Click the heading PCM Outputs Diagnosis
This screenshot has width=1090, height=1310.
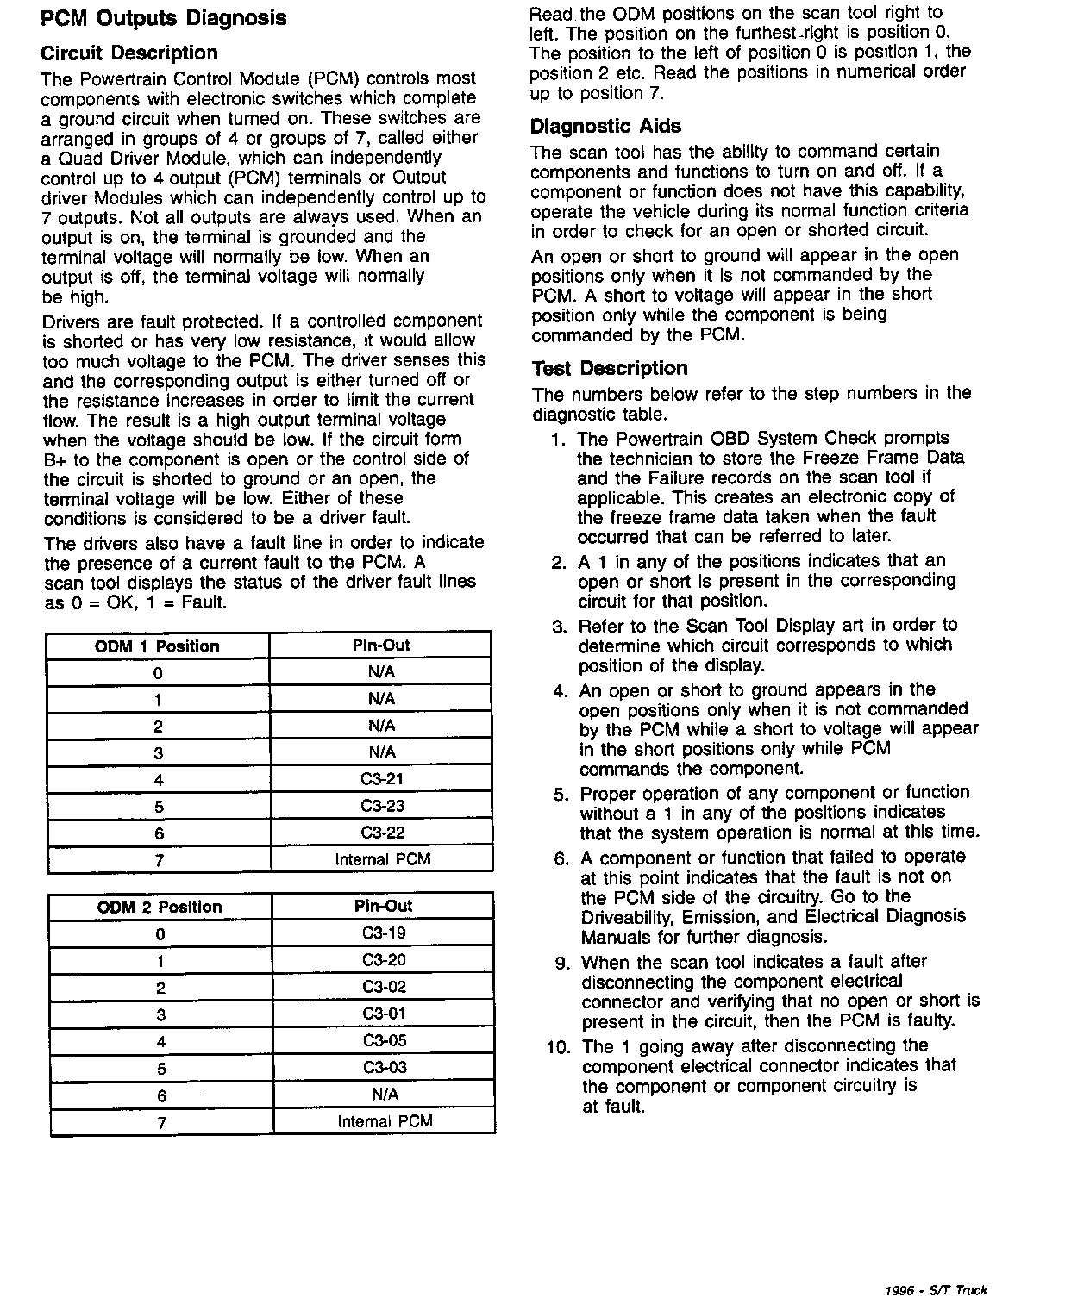click(x=164, y=19)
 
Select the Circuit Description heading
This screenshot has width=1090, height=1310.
click(x=129, y=53)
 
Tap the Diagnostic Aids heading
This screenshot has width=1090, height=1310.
click(x=605, y=127)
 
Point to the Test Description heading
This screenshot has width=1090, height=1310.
click(x=610, y=369)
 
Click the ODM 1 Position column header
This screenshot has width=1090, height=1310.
click(x=157, y=646)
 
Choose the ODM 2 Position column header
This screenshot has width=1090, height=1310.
click(x=160, y=907)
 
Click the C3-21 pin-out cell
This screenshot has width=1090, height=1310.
click(x=382, y=779)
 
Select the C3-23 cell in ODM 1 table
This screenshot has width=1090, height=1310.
click(x=382, y=806)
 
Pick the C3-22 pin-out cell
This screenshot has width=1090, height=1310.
click(x=382, y=833)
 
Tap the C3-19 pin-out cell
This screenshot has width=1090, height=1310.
click(x=384, y=933)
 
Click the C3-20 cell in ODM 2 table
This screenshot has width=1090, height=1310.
click(x=384, y=960)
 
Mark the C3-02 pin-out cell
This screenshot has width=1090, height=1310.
click(x=384, y=987)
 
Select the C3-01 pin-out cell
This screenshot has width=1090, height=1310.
click(x=384, y=1014)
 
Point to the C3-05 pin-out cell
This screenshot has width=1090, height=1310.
click(x=384, y=1040)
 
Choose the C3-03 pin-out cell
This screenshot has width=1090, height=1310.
click(x=384, y=1067)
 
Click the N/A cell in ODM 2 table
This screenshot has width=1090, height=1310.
click(x=385, y=1094)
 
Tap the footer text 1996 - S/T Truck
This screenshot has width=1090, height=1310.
click(x=936, y=1290)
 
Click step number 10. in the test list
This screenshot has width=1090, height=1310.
click(x=559, y=1047)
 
